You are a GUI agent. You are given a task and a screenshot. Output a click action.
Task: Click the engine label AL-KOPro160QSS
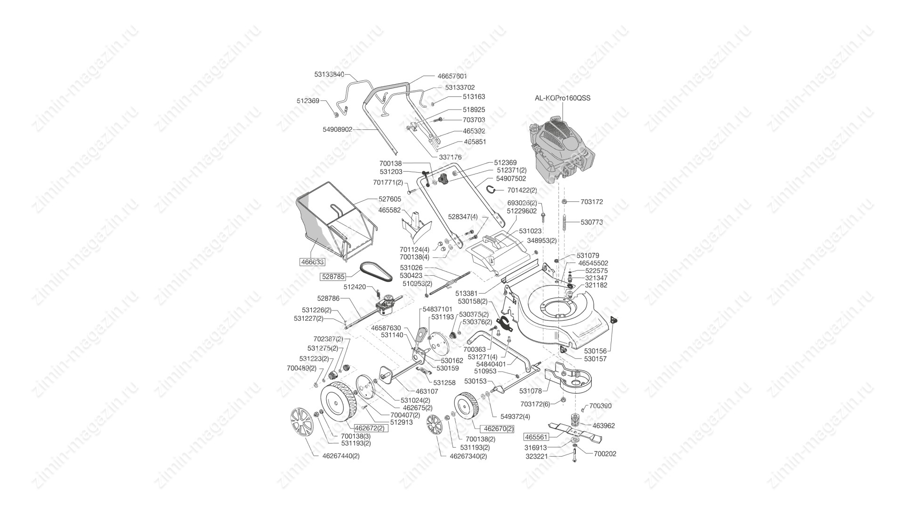coord(562,98)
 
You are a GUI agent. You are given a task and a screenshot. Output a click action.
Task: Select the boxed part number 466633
coord(312,262)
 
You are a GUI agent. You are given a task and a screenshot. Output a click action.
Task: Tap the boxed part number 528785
coord(333,277)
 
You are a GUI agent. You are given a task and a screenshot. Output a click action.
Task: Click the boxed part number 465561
coord(537,437)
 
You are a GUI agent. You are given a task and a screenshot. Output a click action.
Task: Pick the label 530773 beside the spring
coord(591,222)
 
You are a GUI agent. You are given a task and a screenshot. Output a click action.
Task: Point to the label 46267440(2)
coord(341,456)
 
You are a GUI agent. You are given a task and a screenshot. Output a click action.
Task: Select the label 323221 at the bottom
coord(537,456)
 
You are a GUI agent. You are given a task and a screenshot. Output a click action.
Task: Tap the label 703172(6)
coord(535,404)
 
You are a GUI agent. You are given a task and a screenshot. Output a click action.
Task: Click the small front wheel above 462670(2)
coord(466,409)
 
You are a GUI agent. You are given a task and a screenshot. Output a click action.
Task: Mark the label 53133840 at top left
coord(329,74)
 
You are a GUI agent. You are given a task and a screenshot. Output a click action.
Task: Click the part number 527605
coord(390,199)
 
